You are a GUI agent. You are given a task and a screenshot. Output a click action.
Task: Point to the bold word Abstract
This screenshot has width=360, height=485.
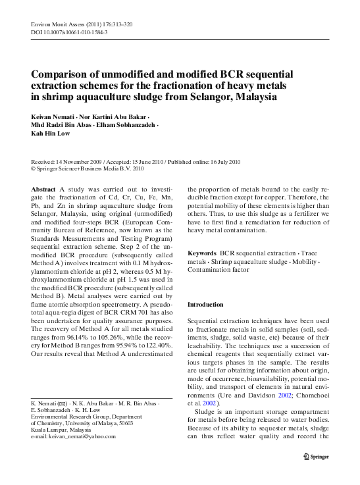(x=43, y=188)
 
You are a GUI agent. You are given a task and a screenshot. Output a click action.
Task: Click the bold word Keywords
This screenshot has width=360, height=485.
(x=202, y=271)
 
